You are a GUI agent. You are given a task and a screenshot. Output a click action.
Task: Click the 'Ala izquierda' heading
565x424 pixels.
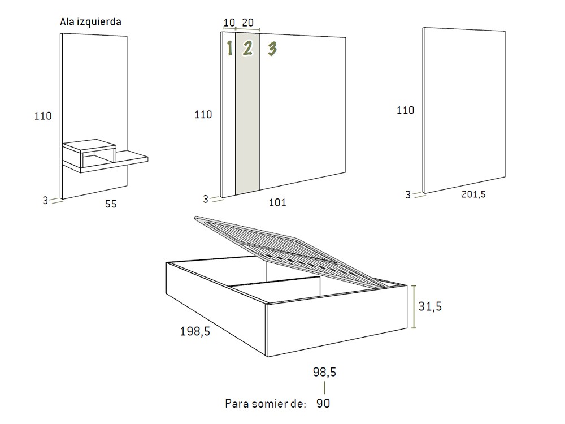[x=90, y=22]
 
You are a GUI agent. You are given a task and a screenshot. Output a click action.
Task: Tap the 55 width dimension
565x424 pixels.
[x=111, y=204]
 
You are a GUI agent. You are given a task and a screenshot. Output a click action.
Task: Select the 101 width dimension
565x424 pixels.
[x=277, y=202]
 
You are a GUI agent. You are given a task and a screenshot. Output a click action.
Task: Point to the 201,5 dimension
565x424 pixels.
[x=473, y=194]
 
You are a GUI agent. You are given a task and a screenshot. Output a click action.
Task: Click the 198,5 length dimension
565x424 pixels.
[x=195, y=332]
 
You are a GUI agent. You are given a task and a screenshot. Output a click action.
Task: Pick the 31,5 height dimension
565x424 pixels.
[x=431, y=306]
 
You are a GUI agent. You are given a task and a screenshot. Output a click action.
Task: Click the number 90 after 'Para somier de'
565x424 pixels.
[x=324, y=404]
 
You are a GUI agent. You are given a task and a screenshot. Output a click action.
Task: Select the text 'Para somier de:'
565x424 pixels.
[x=266, y=404]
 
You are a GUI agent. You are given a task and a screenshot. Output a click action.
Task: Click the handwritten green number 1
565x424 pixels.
[x=229, y=49]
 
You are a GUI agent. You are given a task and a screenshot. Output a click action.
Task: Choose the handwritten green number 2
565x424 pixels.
[x=247, y=49]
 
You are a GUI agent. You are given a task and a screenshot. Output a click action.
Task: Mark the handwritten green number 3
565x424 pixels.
[x=272, y=49]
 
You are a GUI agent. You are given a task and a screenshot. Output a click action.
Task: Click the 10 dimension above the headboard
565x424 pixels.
[x=229, y=23]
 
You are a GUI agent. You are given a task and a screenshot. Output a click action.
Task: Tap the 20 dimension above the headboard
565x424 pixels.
[x=247, y=23]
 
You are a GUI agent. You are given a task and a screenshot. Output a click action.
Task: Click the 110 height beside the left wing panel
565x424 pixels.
[x=43, y=116]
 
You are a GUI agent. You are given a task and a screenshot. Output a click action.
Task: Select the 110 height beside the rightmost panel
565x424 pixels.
[x=405, y=110]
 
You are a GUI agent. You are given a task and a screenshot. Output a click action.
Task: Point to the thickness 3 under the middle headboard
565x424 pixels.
[x=206, y=198]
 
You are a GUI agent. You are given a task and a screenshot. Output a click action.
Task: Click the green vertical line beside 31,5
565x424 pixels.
[x=415, y=306]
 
